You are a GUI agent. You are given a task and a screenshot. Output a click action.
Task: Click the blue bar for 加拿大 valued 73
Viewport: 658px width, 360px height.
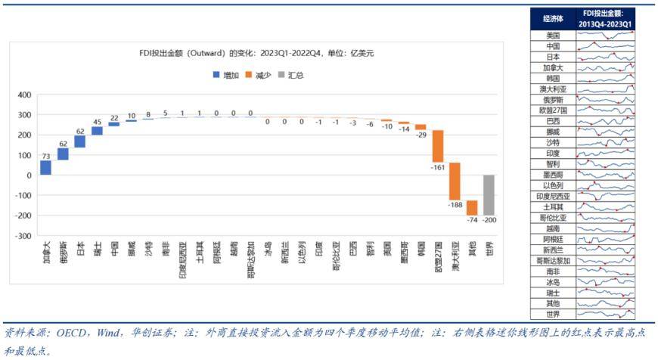(x=46, y=167)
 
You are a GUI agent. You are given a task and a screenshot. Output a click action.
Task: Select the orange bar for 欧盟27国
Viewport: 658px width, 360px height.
(x=438, y=146)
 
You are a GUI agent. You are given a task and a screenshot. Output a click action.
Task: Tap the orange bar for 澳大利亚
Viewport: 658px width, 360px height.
(x=455, y=182)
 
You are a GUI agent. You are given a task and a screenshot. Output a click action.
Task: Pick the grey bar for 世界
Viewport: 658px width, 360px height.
(x=489, y=195)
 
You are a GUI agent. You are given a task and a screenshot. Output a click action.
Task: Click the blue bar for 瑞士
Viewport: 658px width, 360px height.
(x=97, y=131)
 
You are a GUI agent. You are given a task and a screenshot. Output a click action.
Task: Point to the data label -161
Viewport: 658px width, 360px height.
(x=438, y=168)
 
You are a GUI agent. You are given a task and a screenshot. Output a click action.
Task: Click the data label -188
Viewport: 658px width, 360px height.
(x=455, y=205)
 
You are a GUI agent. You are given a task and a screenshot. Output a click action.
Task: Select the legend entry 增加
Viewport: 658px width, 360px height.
(x=226, y=76)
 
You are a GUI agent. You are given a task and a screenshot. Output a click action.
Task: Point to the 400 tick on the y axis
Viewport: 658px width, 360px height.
(x=23, y=95)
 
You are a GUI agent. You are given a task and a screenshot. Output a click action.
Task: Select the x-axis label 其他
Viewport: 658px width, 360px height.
(x=472, y=248)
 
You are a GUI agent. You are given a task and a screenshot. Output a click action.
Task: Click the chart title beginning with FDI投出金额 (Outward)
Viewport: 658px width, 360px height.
(x=256, y=54)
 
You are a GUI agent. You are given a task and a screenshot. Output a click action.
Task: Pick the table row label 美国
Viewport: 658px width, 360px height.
(x=553, y=35)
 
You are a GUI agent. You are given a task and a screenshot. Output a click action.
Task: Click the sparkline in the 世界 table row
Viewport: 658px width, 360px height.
(x=605, y=315)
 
